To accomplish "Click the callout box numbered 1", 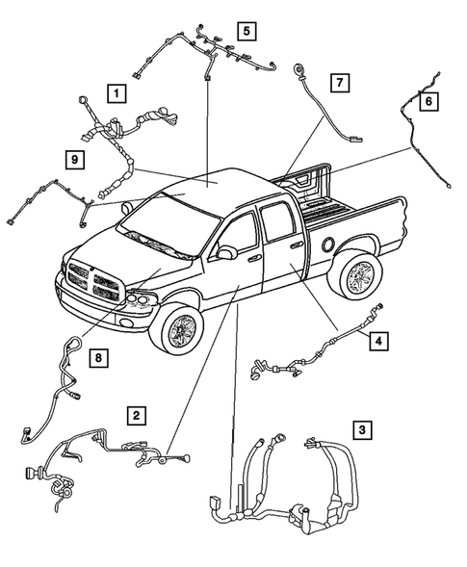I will tap(116, 93).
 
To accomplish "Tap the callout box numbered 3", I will tap(362, 429).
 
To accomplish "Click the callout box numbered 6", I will tap(429, 100).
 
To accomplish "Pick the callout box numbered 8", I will tap(96, 359).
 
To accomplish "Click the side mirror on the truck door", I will tap(228, 253).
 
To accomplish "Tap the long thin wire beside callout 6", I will tap(416, 140).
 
